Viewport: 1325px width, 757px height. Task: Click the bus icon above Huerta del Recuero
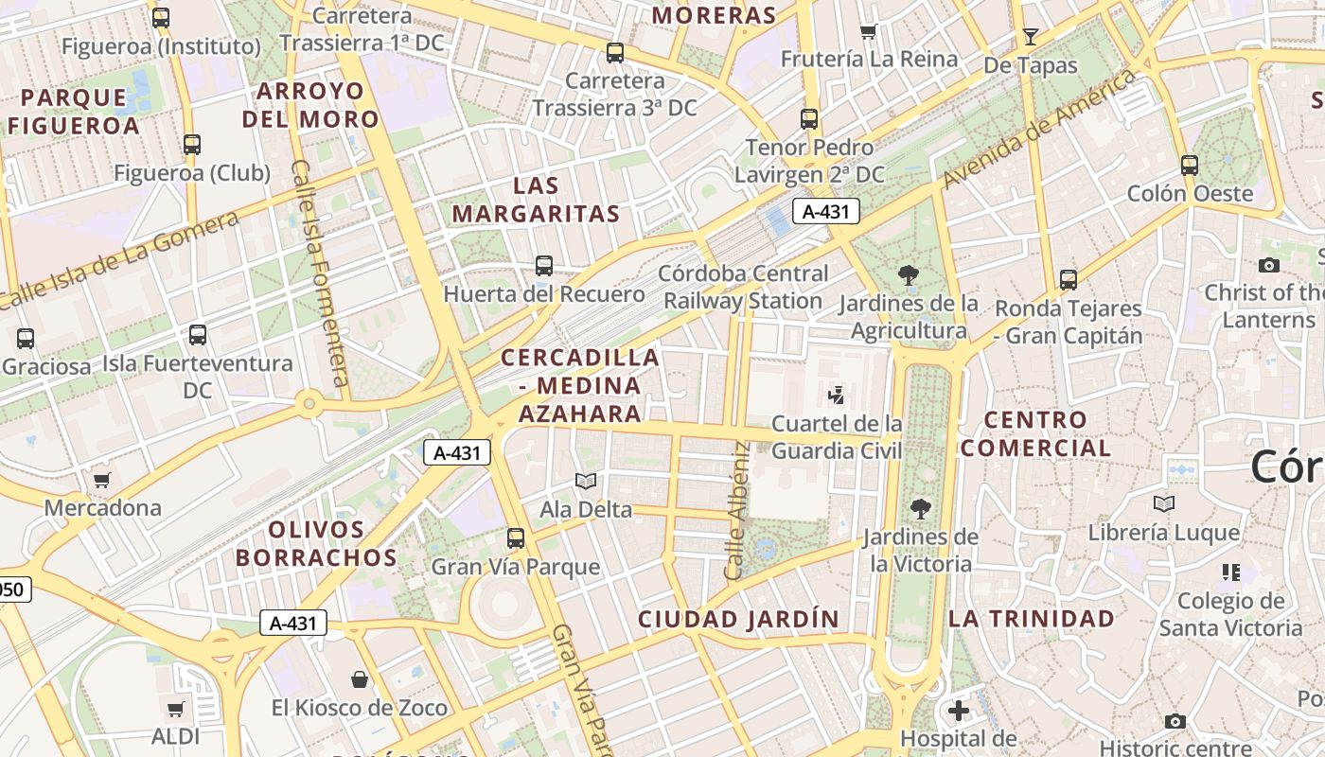544,266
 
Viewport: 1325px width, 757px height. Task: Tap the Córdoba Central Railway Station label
744,288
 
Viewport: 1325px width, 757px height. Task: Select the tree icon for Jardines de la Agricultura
909,275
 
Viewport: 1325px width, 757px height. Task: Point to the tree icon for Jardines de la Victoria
920,509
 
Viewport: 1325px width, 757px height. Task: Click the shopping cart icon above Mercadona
102,480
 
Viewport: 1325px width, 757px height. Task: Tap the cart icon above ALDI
175,709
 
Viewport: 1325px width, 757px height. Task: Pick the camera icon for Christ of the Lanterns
1269,265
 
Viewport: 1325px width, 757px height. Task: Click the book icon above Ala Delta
586,482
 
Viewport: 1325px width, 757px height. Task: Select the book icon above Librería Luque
1163,504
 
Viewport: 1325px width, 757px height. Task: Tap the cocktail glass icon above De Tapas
1031,37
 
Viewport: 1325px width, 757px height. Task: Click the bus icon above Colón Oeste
1190,166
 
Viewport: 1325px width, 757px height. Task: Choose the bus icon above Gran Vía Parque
516,538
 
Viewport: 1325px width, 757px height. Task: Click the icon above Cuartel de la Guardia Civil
837,395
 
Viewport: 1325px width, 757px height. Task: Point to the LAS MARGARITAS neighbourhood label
537,200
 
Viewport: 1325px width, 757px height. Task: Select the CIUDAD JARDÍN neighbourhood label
738,620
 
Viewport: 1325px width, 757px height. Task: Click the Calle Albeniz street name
736,511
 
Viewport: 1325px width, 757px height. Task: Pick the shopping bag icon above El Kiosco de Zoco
360,679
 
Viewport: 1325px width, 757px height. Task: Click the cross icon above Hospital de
959,710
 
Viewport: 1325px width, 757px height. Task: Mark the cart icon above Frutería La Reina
869,31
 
